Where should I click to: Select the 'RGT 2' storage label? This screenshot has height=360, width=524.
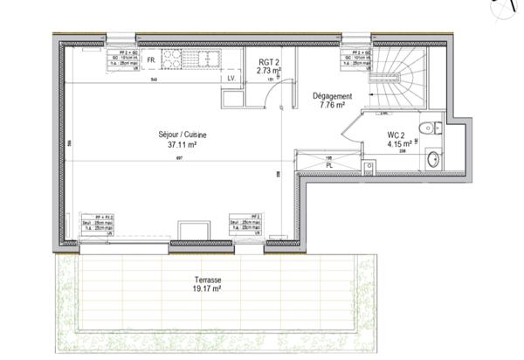(268, 62)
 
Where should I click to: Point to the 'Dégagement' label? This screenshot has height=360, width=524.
(331, 96)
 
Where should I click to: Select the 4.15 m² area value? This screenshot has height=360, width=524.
(398, 144)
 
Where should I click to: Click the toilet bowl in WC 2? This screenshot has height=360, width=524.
(425, 129)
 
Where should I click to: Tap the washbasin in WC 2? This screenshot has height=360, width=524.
(433, 158)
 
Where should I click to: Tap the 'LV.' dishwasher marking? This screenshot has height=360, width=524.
(232, 79)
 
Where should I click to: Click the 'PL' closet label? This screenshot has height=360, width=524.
(329, 164)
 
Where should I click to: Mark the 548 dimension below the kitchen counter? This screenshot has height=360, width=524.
(154, 80)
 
